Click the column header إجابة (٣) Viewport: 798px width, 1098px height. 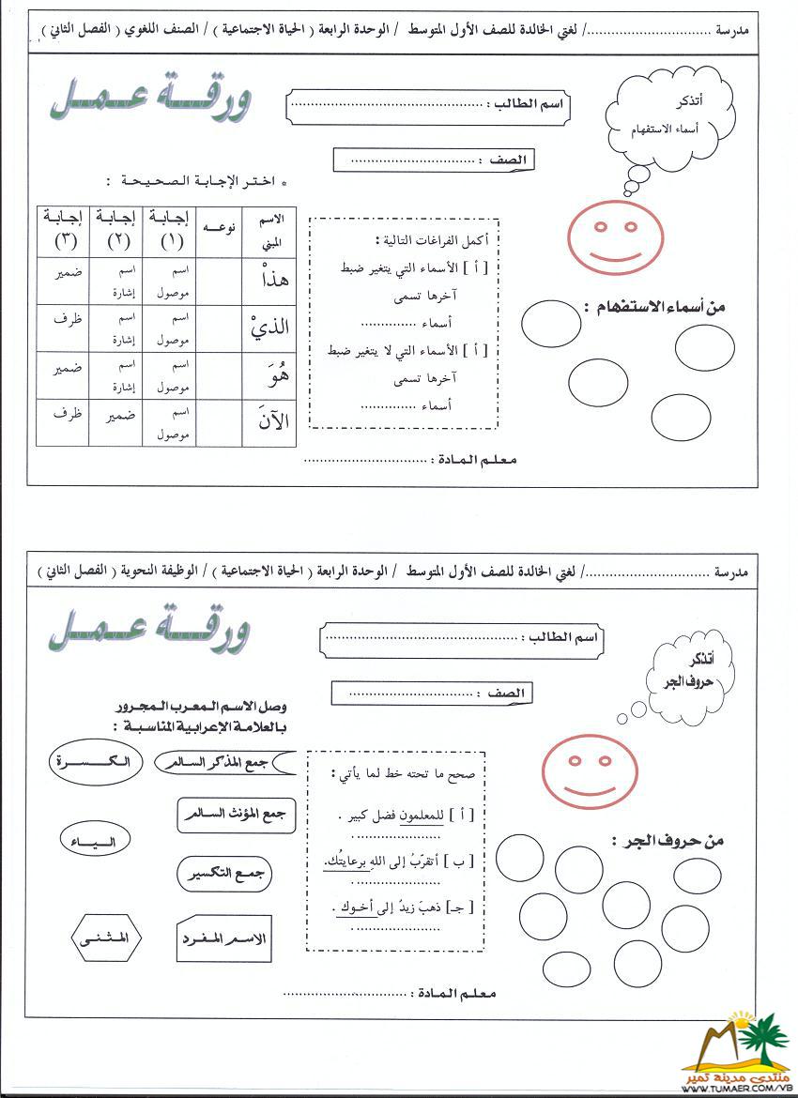tap(63, 230)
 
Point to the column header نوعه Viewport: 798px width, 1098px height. tap(218, 229)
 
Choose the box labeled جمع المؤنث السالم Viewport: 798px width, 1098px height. tap(236, 814)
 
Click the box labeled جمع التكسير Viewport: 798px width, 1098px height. tap(225, 874)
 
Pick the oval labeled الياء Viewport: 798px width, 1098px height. tap(94, 840)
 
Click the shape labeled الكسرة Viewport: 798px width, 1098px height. tap(97, 761)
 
